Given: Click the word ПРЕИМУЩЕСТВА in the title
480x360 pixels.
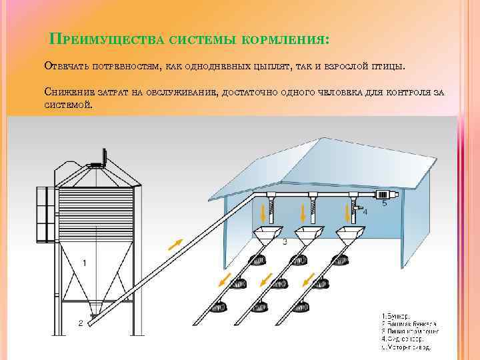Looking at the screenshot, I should coord(106,41).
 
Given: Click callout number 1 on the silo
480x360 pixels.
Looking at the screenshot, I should coord(84,263).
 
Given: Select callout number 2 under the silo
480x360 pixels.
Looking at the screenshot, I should coord(81,323).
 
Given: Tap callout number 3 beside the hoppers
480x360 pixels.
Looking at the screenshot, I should coord(285,241).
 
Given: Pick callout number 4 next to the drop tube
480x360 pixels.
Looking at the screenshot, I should coord(364,212).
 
